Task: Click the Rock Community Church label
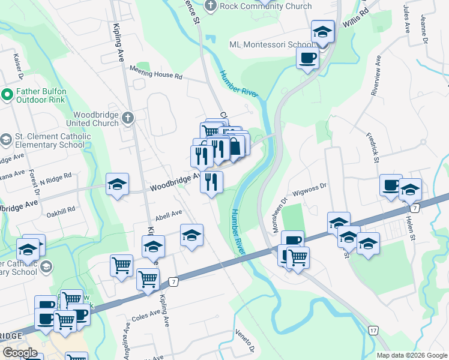(x=266, y=7)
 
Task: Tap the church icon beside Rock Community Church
(x=210, y=6)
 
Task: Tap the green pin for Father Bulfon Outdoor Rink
(x=7, y=94)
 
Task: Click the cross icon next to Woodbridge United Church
(x=128, y=118)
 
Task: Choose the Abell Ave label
(x=168, y=214)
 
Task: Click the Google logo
(x=20, y=353)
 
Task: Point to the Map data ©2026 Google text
(x=412, y=355)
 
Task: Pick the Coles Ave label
(x=146, y=314)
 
